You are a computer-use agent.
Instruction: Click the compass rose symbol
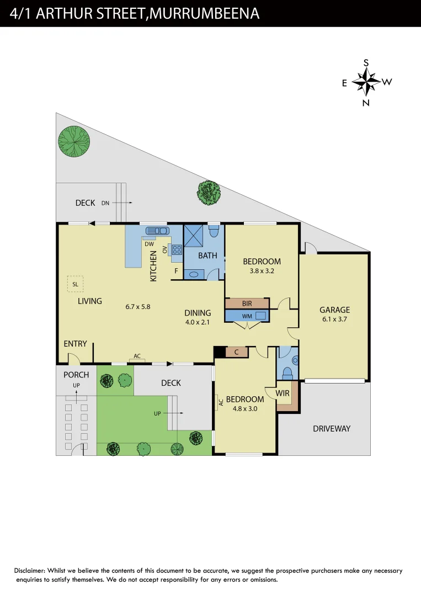tap(366, 83)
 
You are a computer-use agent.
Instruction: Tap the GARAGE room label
tap(334, 310)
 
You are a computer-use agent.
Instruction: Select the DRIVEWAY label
tap(332, 429)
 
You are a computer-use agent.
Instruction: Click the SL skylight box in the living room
tap(75, 284)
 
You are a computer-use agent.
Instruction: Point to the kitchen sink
tap(156, 231)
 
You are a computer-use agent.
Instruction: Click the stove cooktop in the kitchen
tap(177, 252)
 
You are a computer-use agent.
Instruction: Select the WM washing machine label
tap(246, 316)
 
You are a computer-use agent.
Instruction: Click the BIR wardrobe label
tap(247, 304)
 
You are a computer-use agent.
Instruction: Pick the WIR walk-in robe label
tap(283, 393)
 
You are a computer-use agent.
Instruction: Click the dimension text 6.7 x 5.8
tap(138, 306)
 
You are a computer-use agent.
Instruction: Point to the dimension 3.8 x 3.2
tap(262, 271)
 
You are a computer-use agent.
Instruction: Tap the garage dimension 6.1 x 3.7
tap(334, 319)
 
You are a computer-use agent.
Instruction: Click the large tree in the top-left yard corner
tap(74, 142)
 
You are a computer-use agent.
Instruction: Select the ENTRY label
tap(75, 344)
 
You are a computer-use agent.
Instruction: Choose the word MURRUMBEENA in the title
tap(204, 14)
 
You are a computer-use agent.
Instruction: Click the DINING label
tap(198, 313)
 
